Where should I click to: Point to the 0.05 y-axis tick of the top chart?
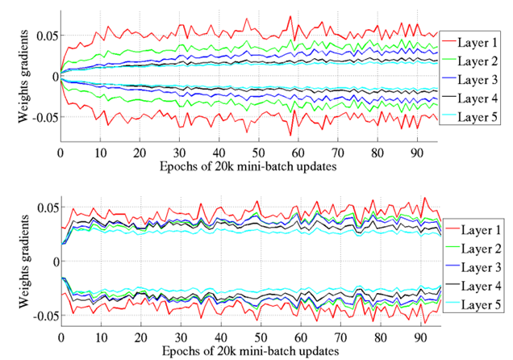pos(45,36)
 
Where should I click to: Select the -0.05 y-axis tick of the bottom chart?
pos(42,315)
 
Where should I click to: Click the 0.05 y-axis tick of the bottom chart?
pos(45,207)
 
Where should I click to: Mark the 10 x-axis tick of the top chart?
pos(100,153)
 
